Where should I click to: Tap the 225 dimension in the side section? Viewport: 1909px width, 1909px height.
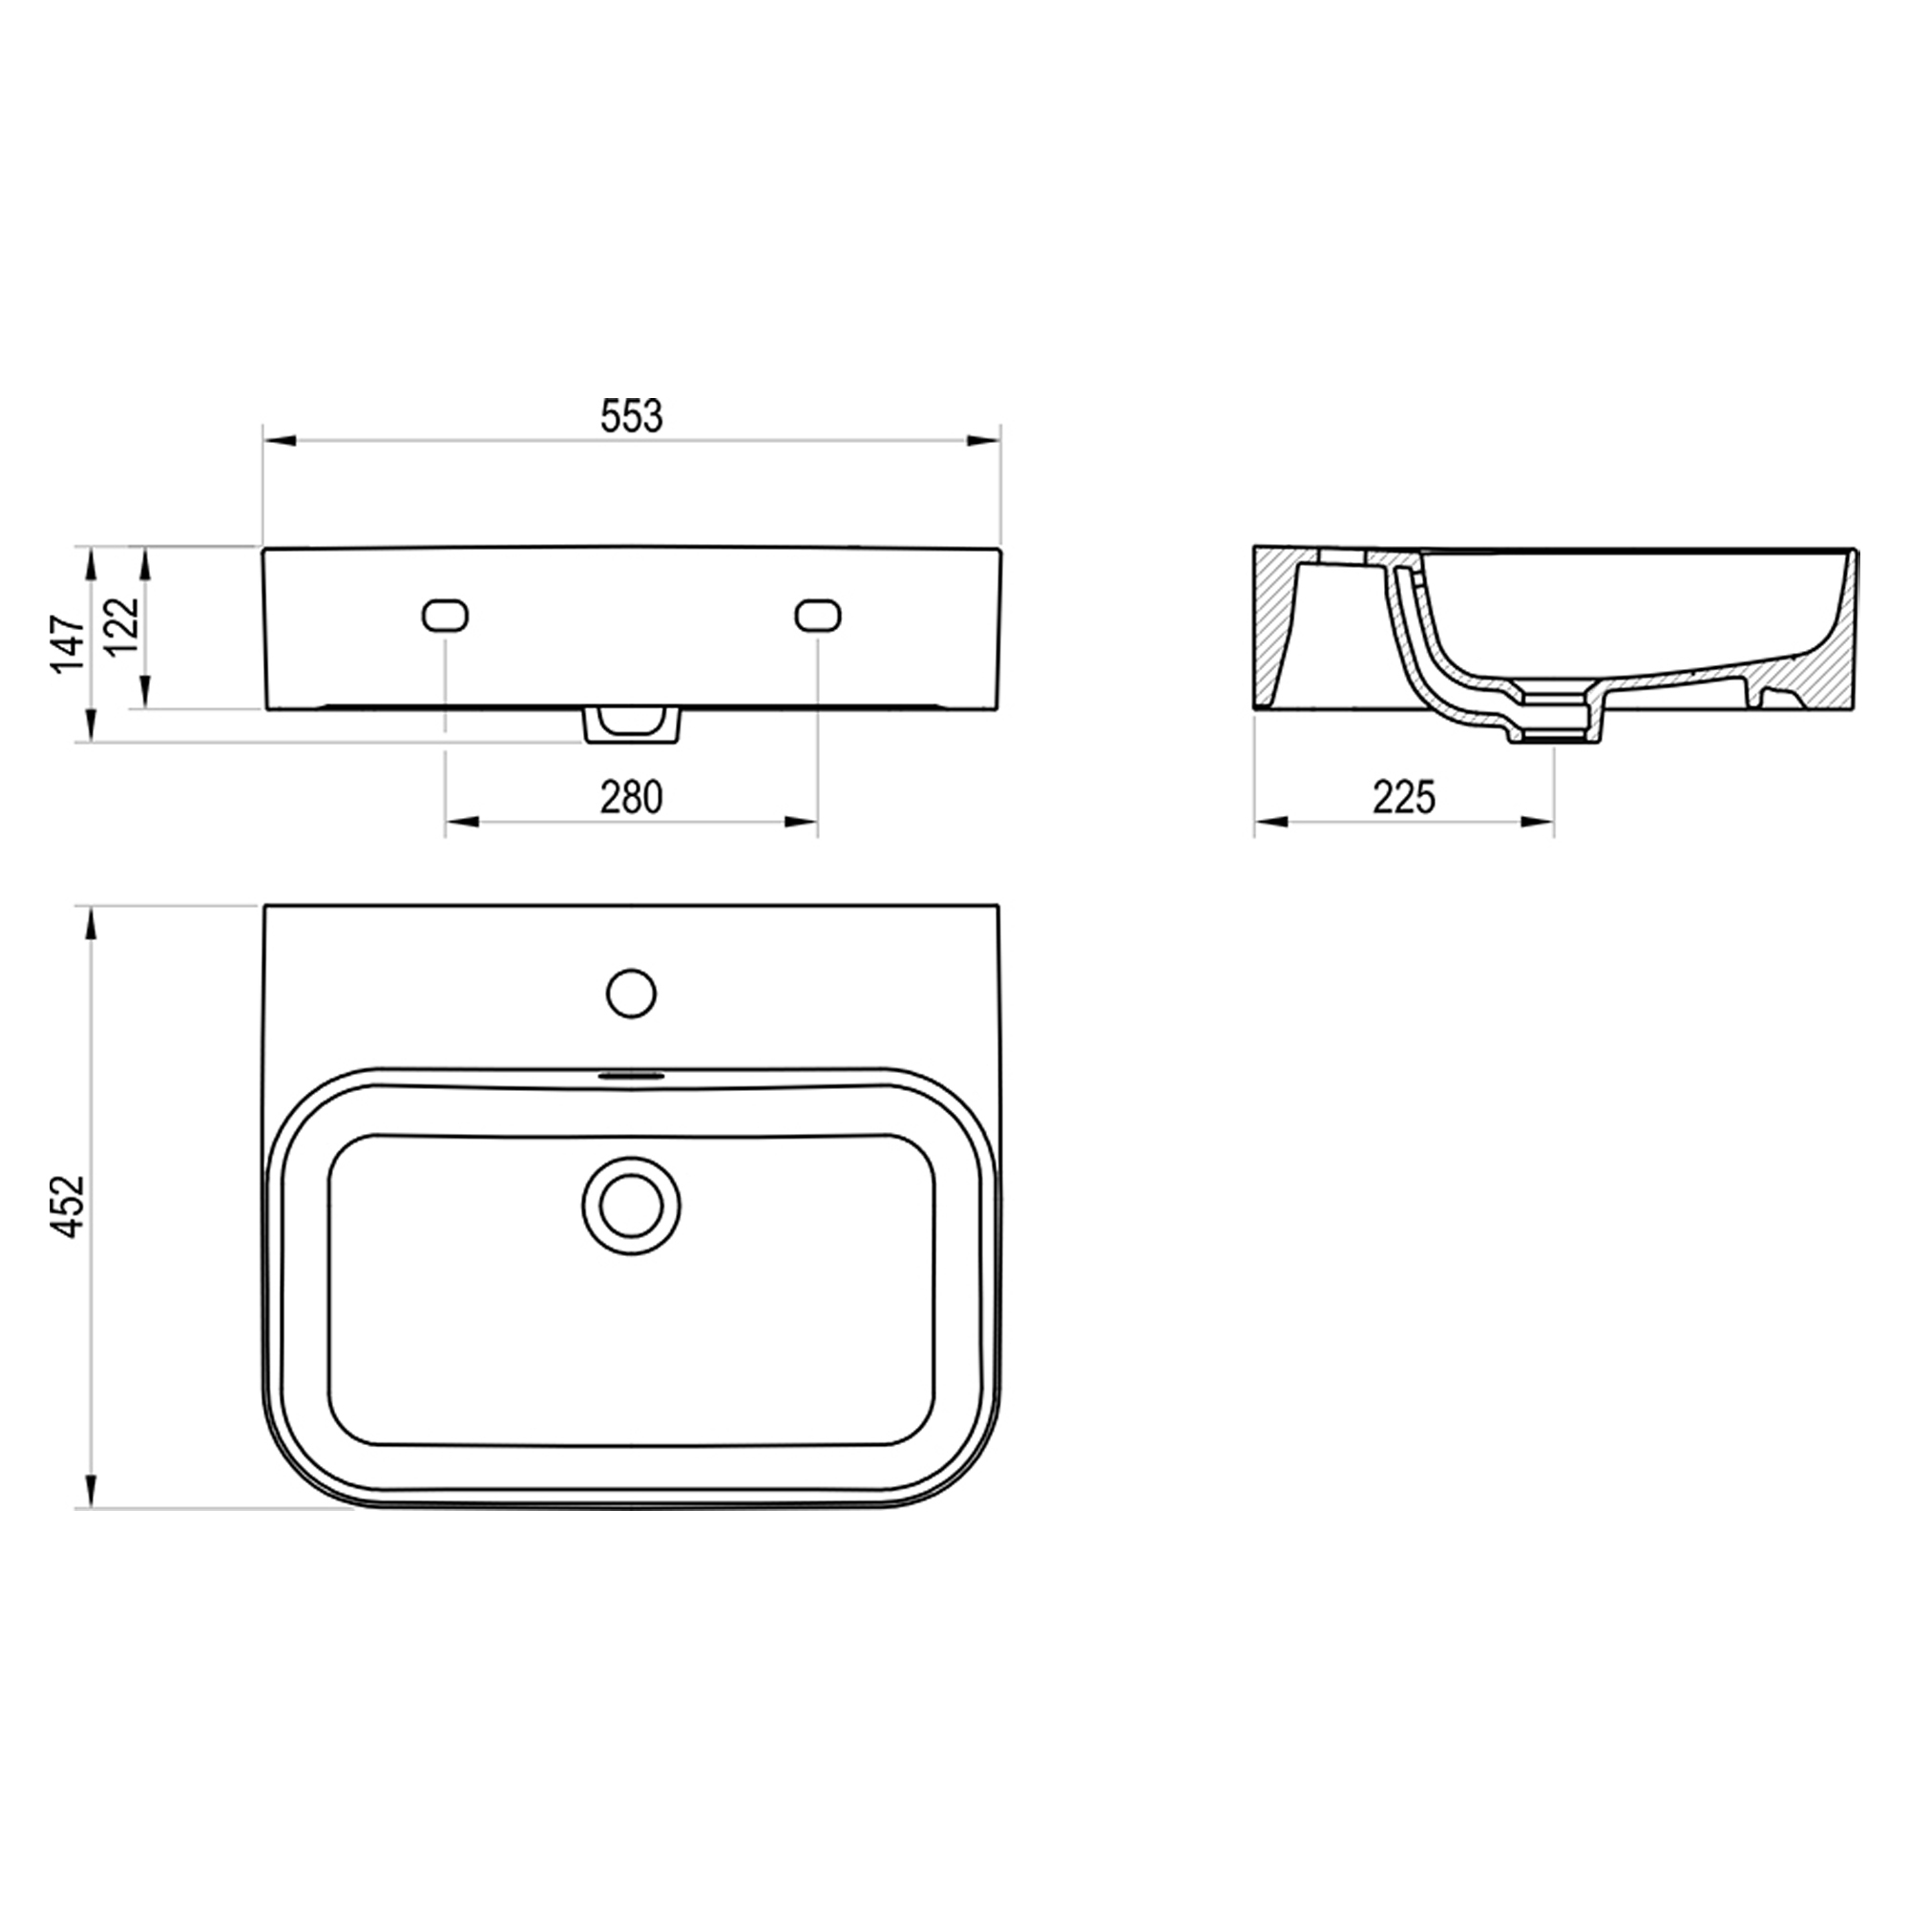(x=1403, y=796)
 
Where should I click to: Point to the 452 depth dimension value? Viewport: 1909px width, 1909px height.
(x=70, y=1206)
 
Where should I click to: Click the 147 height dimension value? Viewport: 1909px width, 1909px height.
(x=70, y=644)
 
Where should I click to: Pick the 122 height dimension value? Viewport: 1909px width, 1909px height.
(x=123, y=625)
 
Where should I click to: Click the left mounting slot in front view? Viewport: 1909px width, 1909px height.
(x=445, y=616)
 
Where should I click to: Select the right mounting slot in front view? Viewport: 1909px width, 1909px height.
(x=818, y=616)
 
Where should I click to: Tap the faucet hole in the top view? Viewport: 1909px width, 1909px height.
(x=631, y=994)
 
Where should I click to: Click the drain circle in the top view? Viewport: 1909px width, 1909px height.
(x=631, y=1206)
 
